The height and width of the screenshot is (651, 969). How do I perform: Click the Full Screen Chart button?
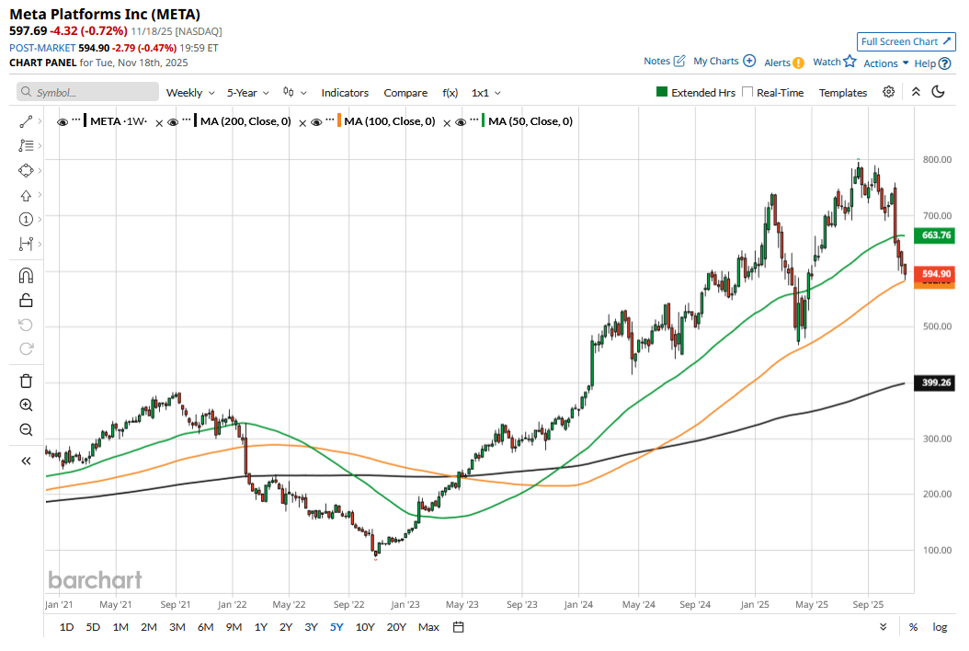pyautogui.click(x=906, y=41)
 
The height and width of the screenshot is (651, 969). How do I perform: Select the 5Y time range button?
pyautogui.click(x=336, y=627)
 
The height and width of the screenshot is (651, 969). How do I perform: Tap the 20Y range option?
pyautogui.click(x=396, y=627)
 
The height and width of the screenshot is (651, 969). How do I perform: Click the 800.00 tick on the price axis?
pyautogui.click(x=936, y=160)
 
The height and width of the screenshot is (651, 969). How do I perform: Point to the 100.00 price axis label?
pyautogui.click(x=936, y=550)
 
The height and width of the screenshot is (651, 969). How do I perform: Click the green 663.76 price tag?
pyautogui.click(x=935, y=235)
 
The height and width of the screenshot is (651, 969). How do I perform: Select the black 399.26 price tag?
pyautogui.click(x=935, y=383)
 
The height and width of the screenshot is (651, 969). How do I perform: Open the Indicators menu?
pyautogui.click(x=345, y=93)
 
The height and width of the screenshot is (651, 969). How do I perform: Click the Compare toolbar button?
pyautogui.click(x=405, y=93)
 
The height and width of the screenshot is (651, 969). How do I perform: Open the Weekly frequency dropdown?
pyautogui.click(x=189, y=93)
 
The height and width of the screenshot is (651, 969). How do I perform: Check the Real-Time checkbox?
pyautogui.click(x=747, y=93)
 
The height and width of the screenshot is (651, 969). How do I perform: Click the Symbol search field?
pyautogui.click(x=88, y=93)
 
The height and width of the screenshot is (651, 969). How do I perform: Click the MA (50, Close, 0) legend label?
pyautogui.click(x=530, y=121)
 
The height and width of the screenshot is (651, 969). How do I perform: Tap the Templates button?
pyautogui.click(x=843, y=93)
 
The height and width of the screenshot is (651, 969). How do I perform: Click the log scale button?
pyautogui.click(x=939, y=627)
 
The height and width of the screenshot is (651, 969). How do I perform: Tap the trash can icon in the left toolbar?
pyautogui.click(x=26, y=381)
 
